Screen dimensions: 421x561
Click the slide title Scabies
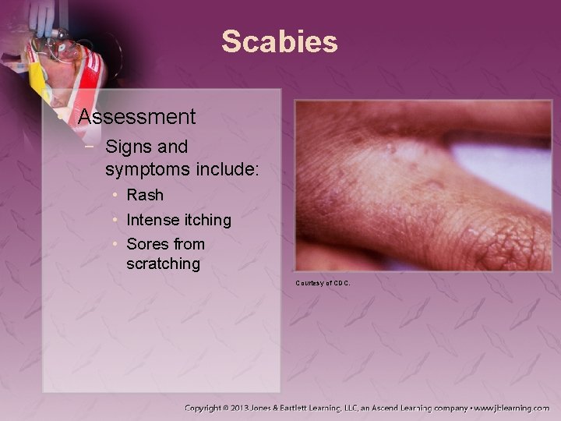click(x=279, y=41)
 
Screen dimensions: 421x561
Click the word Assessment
click(x=136, y=117)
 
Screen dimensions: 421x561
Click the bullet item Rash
click(x=145, y=196)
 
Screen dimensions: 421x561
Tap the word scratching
click(x=163, y=264)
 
